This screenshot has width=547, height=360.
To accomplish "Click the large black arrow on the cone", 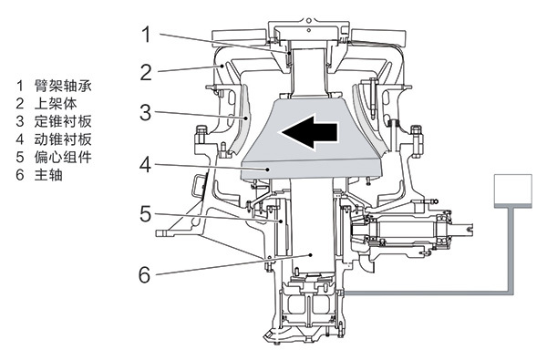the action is tap(309, 131).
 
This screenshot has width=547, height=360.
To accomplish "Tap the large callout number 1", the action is tap(147, 35).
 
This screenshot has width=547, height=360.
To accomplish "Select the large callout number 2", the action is tap(146, 72).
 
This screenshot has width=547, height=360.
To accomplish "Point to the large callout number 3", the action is tap(146, 112).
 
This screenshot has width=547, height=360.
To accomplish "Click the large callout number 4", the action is tap(146, 165).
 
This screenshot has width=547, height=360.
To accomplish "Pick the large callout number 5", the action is tap(146, 214).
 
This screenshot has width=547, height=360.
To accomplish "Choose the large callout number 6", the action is tap(145, 275).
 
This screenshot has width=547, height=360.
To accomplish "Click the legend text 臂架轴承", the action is tap(63, 86).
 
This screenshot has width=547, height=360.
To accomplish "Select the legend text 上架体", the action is tap(56, 103).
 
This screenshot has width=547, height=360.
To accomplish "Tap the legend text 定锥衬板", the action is tap(63, 121).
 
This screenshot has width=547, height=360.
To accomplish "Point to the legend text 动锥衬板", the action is tap(63, 139).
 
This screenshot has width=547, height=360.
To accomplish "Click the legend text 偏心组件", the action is tap(63, 157).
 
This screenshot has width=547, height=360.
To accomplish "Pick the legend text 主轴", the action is tap(48, 174).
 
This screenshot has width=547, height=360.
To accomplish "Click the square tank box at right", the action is tap(513, 190).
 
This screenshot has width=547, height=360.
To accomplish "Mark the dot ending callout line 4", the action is tap(268, 170).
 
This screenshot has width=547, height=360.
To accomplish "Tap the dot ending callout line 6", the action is tap(311, 255).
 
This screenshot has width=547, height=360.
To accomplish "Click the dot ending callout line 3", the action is tap(246, 118).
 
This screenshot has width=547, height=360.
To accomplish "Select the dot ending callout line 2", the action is tap(222, 66).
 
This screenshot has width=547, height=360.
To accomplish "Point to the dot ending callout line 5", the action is tap(281, 221).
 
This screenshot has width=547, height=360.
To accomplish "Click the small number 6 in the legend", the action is tap(20, 175).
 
